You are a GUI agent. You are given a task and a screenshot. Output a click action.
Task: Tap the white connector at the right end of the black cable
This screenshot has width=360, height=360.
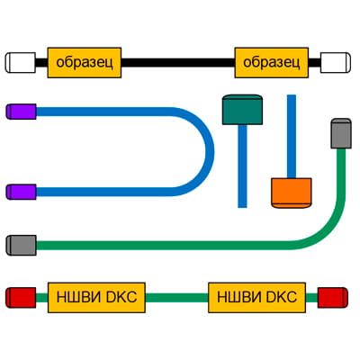[334, 62]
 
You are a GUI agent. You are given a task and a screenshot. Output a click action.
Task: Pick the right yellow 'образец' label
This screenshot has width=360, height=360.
[272, 62]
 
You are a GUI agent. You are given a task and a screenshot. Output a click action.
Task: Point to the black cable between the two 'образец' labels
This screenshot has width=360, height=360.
[178, 62]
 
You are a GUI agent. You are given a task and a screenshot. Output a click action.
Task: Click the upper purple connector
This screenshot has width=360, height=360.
[21, 112]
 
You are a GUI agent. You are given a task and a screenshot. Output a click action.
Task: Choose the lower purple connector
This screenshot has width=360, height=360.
[21, 191]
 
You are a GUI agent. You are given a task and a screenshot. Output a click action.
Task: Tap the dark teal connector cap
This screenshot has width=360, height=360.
[241, 109]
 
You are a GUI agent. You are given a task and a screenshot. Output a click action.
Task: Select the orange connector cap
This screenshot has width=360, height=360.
[291, 193]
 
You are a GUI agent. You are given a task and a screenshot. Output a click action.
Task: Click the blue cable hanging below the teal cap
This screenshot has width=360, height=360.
[242, 166]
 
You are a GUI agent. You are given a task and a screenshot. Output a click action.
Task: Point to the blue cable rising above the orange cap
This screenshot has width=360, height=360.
[291, 135]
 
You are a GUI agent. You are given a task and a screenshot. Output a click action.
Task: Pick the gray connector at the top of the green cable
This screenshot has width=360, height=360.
[340, 132]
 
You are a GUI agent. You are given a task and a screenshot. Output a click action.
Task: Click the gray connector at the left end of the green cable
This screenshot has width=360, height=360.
[21, 244]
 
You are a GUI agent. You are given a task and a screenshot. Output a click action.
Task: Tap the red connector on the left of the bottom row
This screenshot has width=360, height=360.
[21, 296]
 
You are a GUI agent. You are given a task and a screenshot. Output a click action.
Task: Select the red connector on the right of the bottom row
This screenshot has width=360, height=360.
[332, 296]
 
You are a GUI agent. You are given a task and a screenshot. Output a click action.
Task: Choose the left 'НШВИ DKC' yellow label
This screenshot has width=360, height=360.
[96, 296]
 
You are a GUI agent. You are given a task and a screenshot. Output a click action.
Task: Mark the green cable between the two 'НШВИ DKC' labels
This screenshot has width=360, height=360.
[177, 296]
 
